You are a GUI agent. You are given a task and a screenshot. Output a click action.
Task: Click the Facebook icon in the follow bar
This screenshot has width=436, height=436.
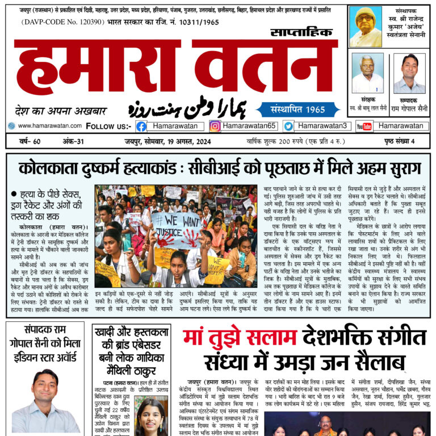tap(141, 126)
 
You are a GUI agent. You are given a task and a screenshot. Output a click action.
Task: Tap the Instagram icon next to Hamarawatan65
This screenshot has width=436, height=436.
tap(215, 126)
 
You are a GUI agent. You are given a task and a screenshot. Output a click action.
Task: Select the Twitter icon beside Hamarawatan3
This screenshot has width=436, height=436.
tap(288, 126)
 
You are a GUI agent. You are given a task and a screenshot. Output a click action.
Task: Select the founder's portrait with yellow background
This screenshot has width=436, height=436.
tap(365, 27)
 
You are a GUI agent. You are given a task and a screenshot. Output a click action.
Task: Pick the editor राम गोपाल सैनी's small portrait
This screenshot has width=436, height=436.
tap(409, 73)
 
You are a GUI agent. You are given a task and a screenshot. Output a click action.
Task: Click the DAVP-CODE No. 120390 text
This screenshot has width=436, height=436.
tap(57, 22)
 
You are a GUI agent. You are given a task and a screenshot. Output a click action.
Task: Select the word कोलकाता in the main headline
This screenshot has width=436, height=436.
tap(49, 168)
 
